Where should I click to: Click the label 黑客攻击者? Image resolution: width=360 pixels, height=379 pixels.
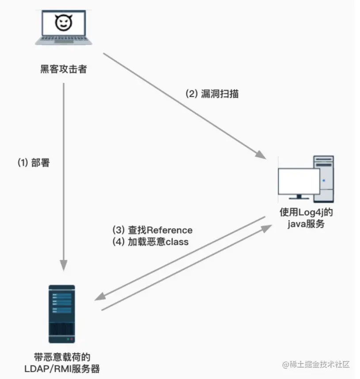coord(63,69)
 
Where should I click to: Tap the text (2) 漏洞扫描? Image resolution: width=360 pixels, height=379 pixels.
coord(212,94)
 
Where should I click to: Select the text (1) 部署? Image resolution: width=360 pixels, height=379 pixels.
coord(34,163)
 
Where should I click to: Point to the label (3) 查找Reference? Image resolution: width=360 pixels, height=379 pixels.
coord(153,230)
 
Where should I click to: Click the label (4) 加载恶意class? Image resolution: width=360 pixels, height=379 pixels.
coord(151,242)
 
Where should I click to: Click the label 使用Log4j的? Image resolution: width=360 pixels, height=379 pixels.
coord(306,212)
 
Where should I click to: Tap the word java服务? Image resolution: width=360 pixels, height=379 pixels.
coord(306,224)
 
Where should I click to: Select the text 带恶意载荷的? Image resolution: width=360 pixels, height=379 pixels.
coord(63,356)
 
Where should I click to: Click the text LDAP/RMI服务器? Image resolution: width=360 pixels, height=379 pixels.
coord(63,368)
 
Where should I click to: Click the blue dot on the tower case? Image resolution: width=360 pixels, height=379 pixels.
coord(324,180)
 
